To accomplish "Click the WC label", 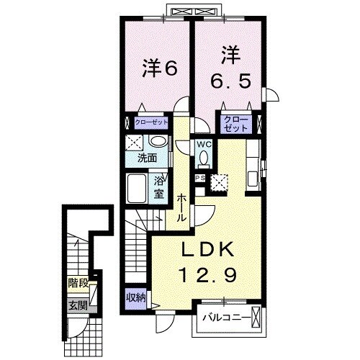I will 204,145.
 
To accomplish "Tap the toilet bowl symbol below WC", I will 204,158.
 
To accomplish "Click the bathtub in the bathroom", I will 136,189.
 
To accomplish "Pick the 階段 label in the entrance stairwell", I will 76,283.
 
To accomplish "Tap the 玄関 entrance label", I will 76,304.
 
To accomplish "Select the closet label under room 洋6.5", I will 236,123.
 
